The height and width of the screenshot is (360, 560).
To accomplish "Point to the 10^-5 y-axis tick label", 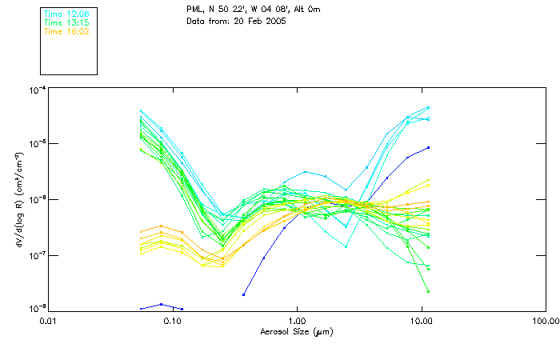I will click(35, 144).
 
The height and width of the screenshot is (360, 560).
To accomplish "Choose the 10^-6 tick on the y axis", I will click(35, 199).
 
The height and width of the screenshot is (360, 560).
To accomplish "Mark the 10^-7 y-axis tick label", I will click(35, 255).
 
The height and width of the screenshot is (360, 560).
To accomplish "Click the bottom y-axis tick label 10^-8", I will click(35, 309).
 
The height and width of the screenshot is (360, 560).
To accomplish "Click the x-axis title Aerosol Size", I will click(297, 331).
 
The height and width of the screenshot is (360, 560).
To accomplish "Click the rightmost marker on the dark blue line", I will click(429, 147).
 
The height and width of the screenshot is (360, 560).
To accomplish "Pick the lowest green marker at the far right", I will click(429, 291).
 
